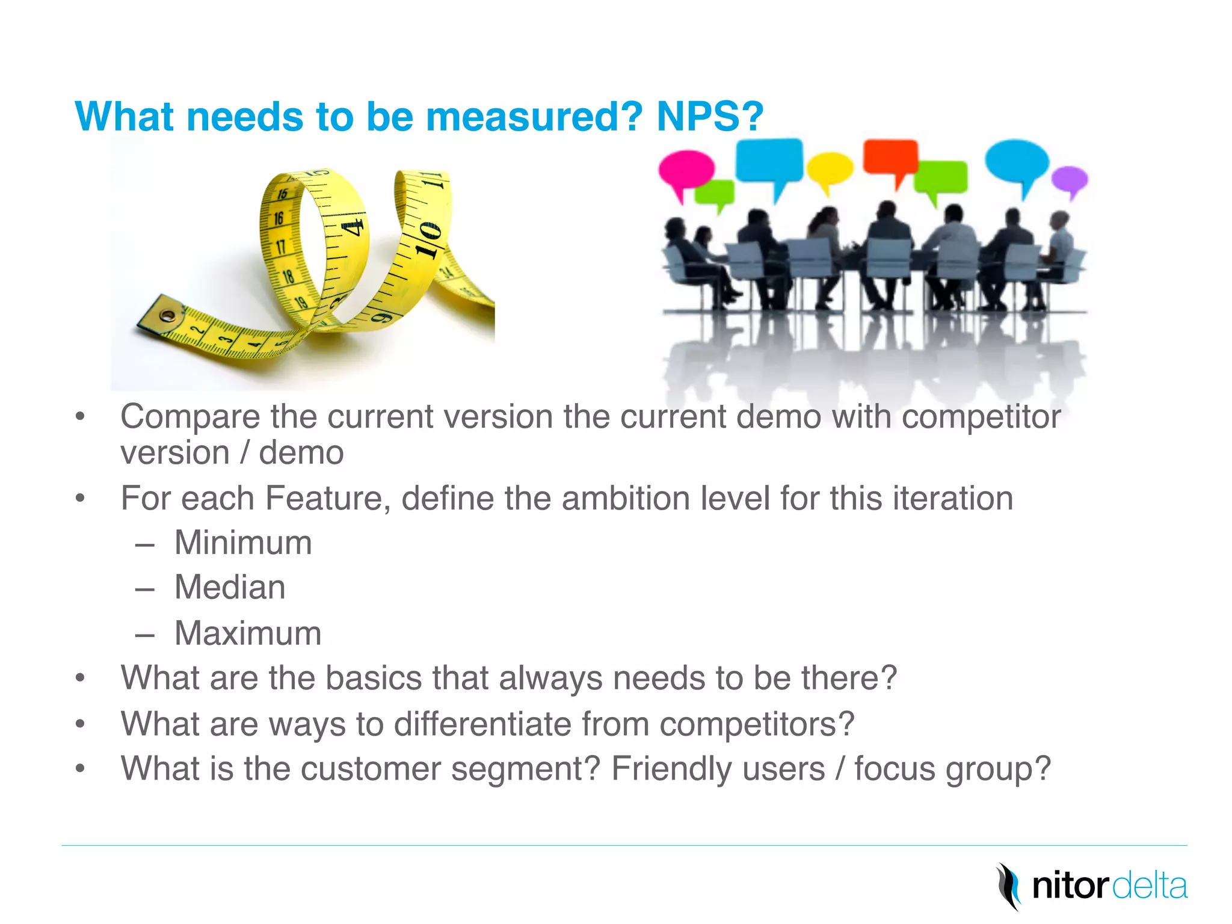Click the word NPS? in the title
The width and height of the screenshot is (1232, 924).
pyautogui.click(x=710, y=116)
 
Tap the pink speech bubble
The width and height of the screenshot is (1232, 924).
pyautogui.click(x=685, y=169)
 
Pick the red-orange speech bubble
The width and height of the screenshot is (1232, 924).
pyautogui.click(x=890, y=157)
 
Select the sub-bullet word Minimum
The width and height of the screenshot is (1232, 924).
pyautogui.click(x=243, y=543)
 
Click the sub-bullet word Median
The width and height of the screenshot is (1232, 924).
pyautogui.click(x=230, y=587)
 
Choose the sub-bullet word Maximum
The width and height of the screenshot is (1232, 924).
pyautogui.click(x=248, y=633)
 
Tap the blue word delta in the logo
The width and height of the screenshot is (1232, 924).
pyautogui.click(x=1150, y=886)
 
